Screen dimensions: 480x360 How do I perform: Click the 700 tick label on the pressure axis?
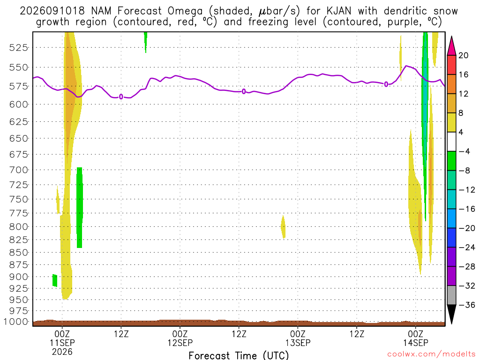click(x=18, y=170)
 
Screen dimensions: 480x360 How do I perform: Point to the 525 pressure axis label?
click(x=18, y=47)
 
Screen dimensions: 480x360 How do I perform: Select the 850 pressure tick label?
click(x=18, y=253)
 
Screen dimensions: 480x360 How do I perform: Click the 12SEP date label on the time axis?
click(x=180, y=343)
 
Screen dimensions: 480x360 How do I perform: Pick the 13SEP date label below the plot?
click(x=298, y=343)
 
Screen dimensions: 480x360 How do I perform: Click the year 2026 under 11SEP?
click(x=62, y=352)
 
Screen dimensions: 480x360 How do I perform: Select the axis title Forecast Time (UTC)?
click(x=239, y=355)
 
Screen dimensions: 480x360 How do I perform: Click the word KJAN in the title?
click(x=339, y=11)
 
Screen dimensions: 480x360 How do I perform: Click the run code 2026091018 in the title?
click(x=52, y=11)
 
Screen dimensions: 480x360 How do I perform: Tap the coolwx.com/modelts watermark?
click(x=432, y=354)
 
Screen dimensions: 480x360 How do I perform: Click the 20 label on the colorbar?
click(x=463, y=55)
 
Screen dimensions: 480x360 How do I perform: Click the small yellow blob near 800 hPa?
click(x=283, y=227)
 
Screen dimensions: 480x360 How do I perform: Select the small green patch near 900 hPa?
click(x=55, y=280)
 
